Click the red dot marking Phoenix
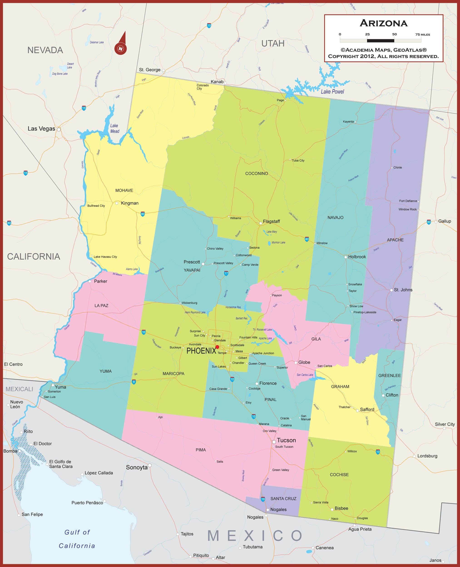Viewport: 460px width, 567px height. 217,347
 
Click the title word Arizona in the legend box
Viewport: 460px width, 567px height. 383,23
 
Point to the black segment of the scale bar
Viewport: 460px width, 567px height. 381,41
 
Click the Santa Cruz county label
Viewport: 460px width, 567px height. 283,499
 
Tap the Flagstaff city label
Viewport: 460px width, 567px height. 271,221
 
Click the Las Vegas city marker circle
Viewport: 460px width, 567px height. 59,130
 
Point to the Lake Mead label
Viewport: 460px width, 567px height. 114,128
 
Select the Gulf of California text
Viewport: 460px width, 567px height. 77,539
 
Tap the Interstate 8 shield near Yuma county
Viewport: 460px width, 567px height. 134,382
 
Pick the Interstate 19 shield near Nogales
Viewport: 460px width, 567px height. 263,499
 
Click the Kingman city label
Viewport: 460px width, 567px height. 130,203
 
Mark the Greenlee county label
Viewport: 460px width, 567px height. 389,375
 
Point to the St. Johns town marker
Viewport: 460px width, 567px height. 391,290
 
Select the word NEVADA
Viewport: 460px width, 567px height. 45,50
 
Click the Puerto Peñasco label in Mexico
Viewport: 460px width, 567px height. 87,503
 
